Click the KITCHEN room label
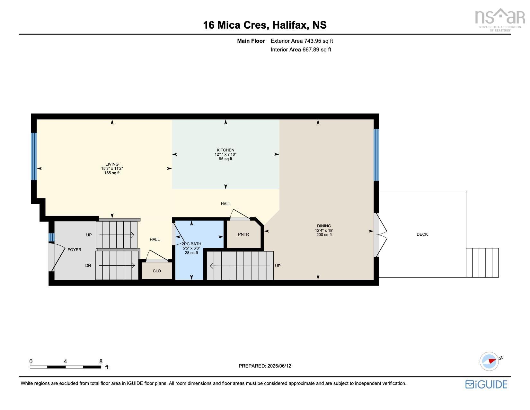pyautogui.click(x=225, y=150)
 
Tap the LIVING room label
pyautogui.click(x=112, y=164)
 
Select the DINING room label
pyautogui.click(x=324, y=226)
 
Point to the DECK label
pyautogui.click(x=422, y=234)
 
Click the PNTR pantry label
pyautogui.click(x=243, y=234)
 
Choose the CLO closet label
pyautogui.click(x=156, y=271)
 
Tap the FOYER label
pyautogui.click(x=75, y=250)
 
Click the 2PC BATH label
pyautogui.click(x=191, y=244)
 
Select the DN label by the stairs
pyautogui.click(x=88, y=265)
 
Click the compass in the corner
pyautogui.click(x=489, y=361)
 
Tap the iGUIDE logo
pyautogui.click(x=486, y=384)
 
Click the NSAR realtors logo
pyautogui.click(x=500, y=20)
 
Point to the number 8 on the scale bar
pyautogui.click(x=101, y=361)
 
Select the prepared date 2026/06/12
pyautogui.click(x=279, y=366)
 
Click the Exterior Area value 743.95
pyautogui.click(x=313, y=41)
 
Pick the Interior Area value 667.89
pyautogui.click(x=311, y=50)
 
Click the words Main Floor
pyautogui.click(x=251, y=41)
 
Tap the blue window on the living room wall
pyautogui.click(x=34, y=156)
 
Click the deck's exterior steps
pyautogui.click(x=482, y=263)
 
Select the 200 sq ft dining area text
pyautogui.click(x=324, y=235)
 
